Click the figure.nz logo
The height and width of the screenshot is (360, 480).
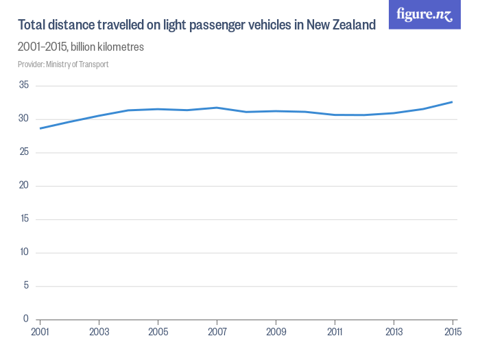click(424, 15)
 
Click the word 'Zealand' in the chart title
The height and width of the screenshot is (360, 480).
click(352, 25)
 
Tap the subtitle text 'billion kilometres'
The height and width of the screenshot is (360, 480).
click(107, 47)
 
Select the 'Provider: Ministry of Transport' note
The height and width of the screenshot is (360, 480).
click(63, 64)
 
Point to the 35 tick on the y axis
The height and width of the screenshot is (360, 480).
click(23, 86)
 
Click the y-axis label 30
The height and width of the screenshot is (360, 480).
click(23, 119)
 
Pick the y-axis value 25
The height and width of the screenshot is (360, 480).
click(23, 152)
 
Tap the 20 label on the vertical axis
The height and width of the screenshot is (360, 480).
click(23, 186)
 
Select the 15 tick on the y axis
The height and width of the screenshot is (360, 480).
click(23, 219)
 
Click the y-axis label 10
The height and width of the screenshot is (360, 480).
click(23, 252)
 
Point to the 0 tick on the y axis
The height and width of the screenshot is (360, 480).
click(26, 319)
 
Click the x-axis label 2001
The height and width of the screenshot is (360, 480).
click(40, 331)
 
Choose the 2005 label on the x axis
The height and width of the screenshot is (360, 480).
click(158, 331)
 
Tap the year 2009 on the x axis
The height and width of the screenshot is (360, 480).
click(276, 331)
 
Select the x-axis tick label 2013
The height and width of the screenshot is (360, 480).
click(394, 331)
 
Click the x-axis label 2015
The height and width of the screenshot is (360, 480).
click(451, 331)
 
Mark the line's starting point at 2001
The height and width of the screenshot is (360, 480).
click(40, 128)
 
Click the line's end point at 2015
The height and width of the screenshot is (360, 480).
click(453, 101)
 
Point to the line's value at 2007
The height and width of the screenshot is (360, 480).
click(217, 108)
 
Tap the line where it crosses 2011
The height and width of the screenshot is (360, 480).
click(335, 115)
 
